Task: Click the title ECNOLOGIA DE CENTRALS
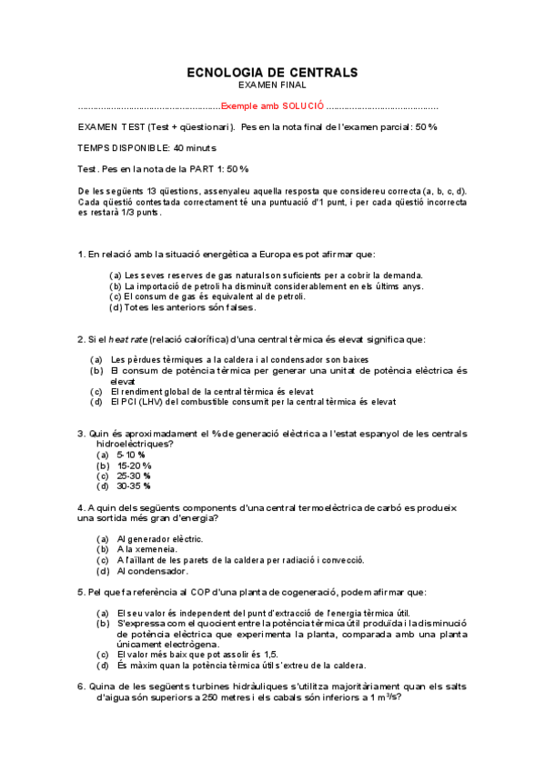click(272, 72)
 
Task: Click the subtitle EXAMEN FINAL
click(272, 85)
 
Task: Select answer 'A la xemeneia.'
click(147, 550)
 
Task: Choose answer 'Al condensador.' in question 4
click(152, 572)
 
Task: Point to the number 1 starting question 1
click(81, 254)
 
